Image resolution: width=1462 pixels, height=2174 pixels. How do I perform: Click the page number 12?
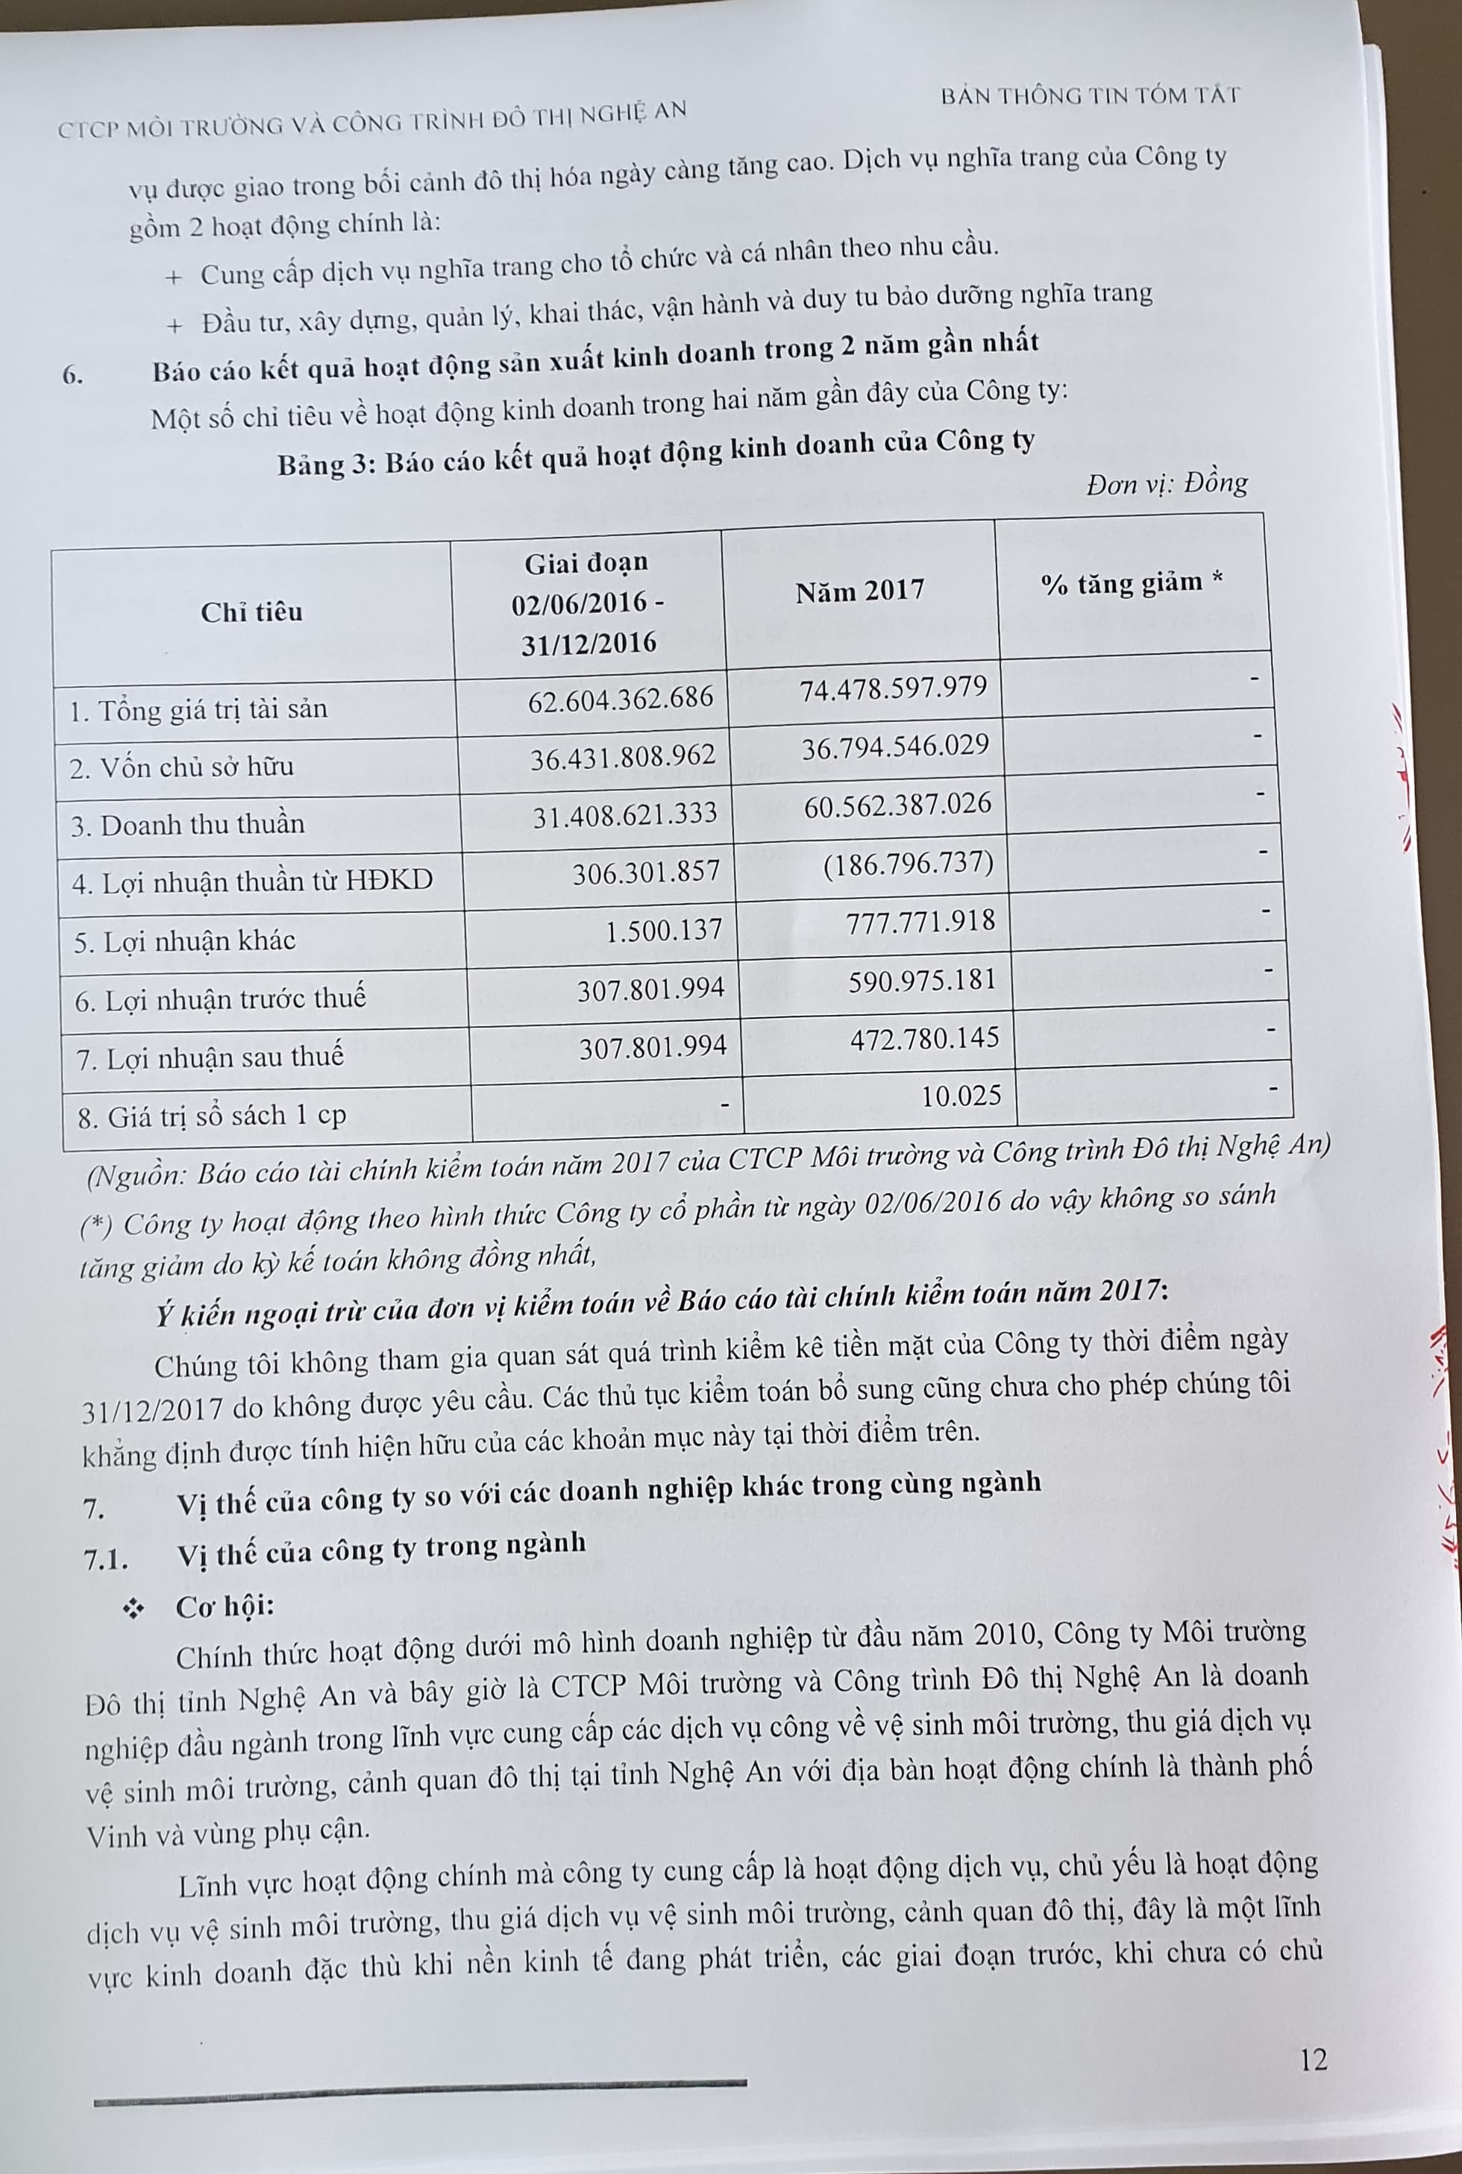(x=1313, y=2059)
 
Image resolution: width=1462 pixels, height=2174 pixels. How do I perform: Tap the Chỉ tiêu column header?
(x=252, y=612)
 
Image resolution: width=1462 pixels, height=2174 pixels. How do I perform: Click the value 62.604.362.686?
(x=620, y=698)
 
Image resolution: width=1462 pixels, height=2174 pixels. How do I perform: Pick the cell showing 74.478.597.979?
(x=894, y=688)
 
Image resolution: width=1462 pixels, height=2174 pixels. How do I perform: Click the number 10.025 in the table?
(x=961, y=1096)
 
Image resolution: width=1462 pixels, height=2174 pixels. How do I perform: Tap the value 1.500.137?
(x=663, y=929)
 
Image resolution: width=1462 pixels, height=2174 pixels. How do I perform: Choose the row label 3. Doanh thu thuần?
(x=187, y=825)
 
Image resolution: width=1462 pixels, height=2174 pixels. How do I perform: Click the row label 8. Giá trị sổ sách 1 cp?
(x=213, y=1116)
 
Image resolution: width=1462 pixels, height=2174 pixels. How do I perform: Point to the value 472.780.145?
(x=924, y=1037)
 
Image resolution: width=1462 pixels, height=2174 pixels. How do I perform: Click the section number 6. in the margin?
(x=74, y=376)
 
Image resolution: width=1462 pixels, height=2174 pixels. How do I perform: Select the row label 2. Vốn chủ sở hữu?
(x=182, y=767)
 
